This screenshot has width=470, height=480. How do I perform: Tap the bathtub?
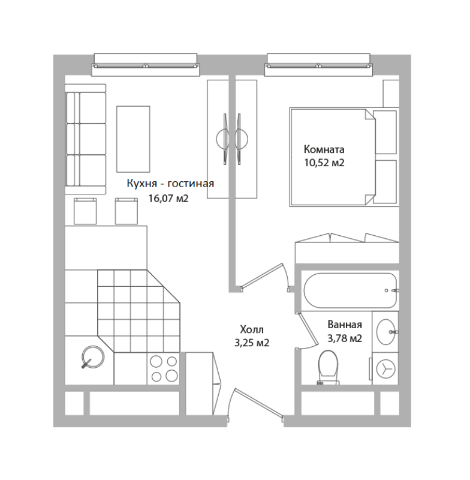[350, 290]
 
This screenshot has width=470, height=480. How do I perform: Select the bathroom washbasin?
[386, 332]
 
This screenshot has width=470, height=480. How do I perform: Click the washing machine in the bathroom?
[385, 368]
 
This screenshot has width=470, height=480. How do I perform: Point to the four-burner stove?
[164, 368]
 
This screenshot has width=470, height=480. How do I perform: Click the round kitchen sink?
[93, 357]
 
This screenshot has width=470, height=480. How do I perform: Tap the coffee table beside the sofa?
[133, 139]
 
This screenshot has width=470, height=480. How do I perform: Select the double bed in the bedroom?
[344, 157]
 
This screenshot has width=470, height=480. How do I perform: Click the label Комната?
[324, 149]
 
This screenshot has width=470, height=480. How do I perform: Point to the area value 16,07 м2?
[168, 199]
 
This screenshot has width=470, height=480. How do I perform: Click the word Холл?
[252, 329]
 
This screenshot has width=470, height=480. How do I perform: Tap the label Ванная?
[345, 325]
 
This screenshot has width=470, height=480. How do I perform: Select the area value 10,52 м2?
[324, 163]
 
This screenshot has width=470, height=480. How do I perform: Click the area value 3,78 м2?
[345, 338]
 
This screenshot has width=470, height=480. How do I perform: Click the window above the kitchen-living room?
[146, 65]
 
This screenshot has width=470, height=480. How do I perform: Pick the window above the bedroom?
[319, 65]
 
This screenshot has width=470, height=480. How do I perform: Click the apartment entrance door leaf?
[260, 403]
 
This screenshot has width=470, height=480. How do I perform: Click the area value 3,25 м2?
[252, 343]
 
